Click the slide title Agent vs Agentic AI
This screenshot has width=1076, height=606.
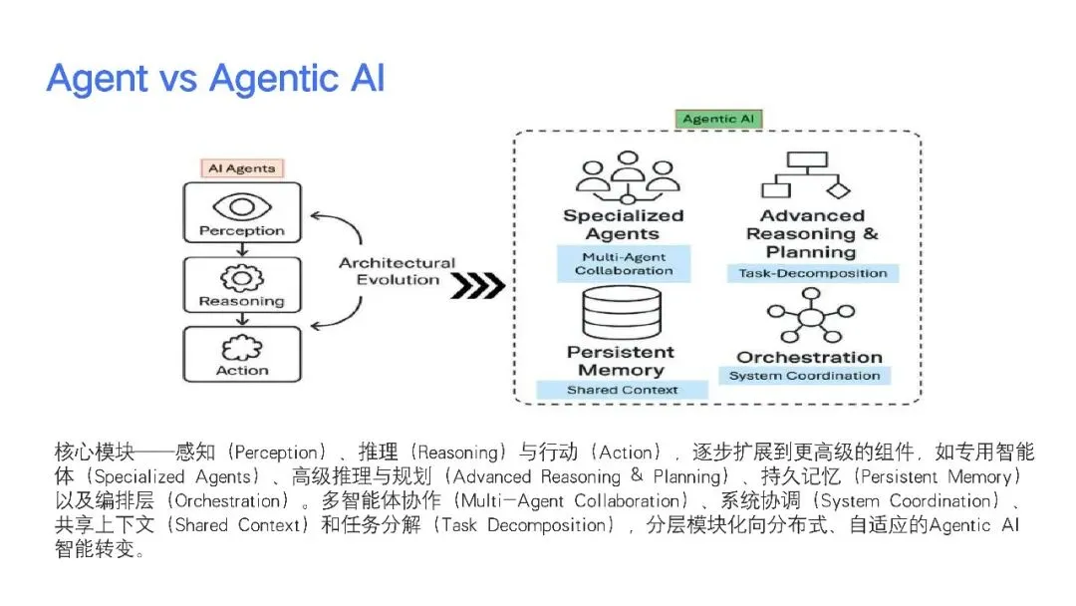click(x=215, y=79)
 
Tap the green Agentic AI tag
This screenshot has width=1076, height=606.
click(x=717, y=119)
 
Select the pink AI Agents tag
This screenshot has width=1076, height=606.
click(x=241, y=168)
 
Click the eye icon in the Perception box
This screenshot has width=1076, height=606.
click(x=242, y=207)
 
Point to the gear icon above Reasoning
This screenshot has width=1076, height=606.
click(x=241, y=279)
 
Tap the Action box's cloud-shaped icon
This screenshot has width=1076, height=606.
click(x=242, y=348)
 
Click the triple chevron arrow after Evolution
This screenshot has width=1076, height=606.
click(x=477, y=285)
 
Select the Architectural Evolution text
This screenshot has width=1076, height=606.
click(x=398, y=271)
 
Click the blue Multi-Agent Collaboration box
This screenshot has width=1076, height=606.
click(x=624, y=263)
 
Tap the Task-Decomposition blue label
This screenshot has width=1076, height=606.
click(x=813, y=273)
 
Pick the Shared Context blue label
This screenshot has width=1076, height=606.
click(x=622, y=390)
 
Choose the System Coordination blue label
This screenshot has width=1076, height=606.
click(x=804, y=376)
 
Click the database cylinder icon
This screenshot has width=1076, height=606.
click(x=622, y=313)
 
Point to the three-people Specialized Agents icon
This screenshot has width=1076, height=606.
click(x=628, y=177)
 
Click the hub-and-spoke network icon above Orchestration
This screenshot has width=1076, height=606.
click(x=811, y=316)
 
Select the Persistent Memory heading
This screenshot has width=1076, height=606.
click(x=621, y=361)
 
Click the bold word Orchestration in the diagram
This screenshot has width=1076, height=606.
click(x=809, y=357)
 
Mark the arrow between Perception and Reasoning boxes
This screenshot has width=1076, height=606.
click(x=242, y=250)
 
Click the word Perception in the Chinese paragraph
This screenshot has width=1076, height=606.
click(x=276, y=453)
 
